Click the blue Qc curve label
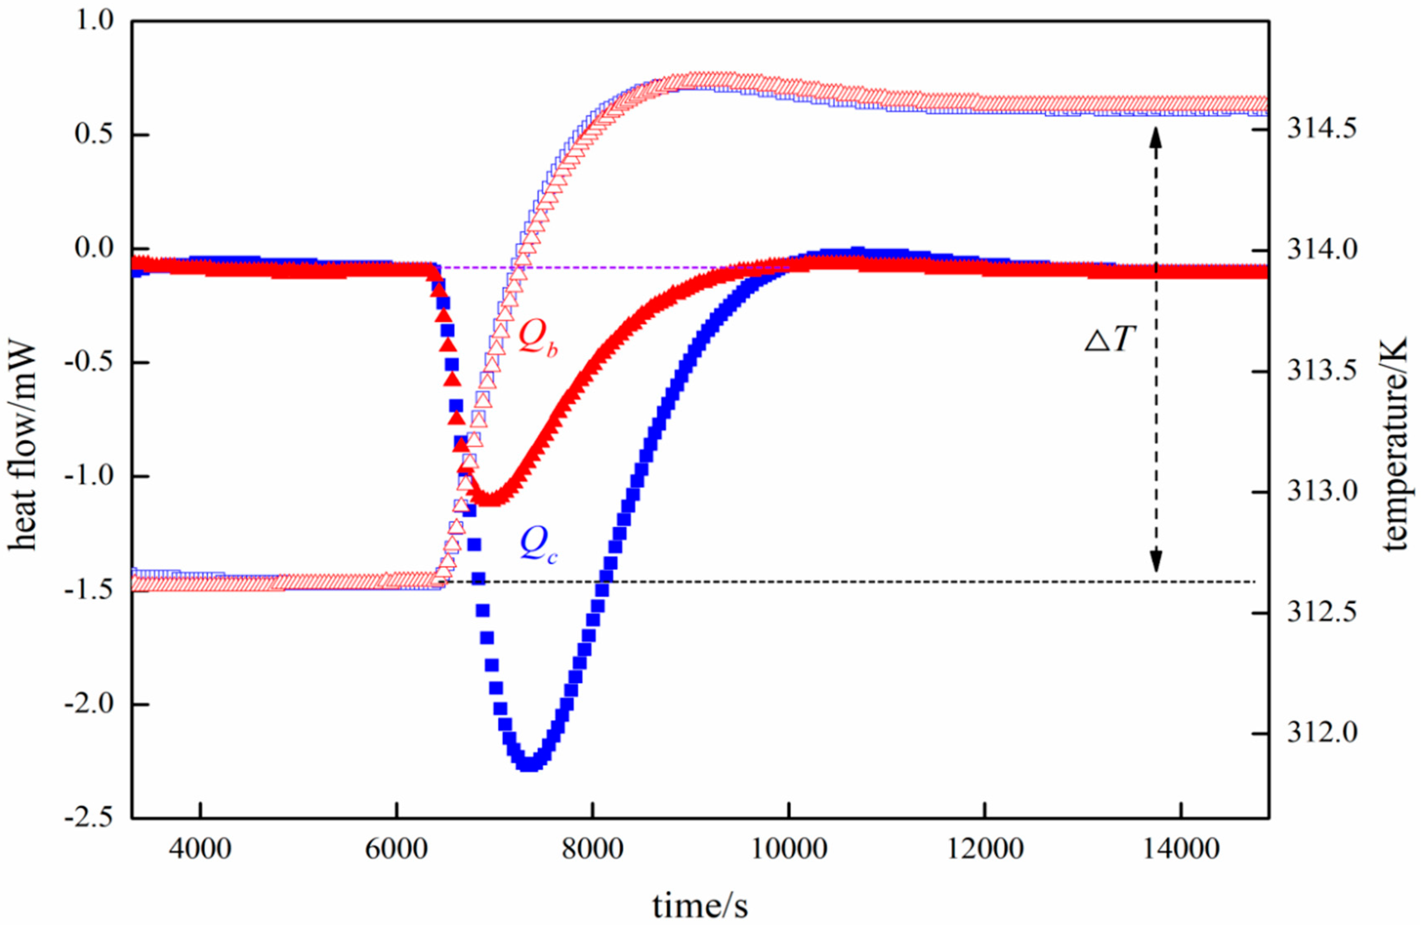[x=538, y=545]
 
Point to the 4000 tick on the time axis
[x=200, y=849]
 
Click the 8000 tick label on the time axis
[x=592, y=849]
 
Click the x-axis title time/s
[x=700, y=905]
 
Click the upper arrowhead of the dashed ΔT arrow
[x=1156, y=138]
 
